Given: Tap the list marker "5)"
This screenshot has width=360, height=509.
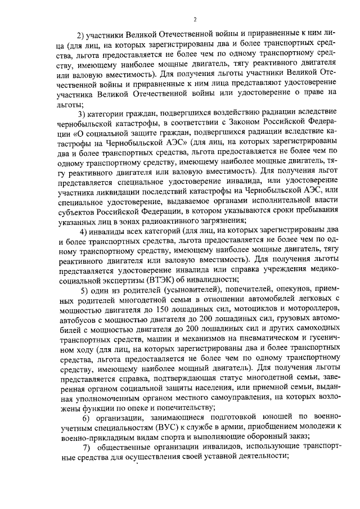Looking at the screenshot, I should [x=84, y=290].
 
